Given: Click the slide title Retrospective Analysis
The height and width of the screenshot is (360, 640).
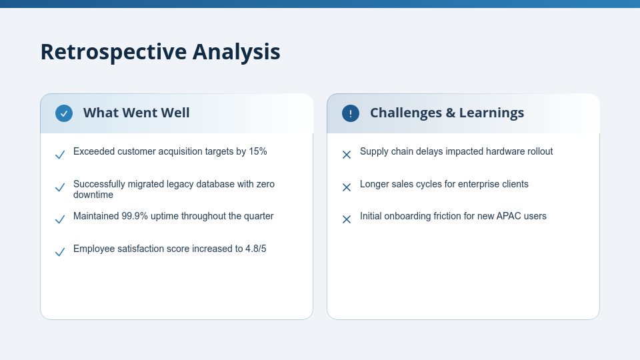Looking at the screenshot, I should [x=160, y=52].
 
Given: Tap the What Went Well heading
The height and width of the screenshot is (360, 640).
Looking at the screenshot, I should [x=136, y=113].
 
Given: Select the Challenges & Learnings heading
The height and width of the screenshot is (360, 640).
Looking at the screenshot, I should [x=447, y=113].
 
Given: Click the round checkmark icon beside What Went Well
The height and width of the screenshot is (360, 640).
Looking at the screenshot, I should [x=64, y=113].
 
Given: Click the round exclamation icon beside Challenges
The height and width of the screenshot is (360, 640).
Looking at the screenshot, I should [x=351, y=113].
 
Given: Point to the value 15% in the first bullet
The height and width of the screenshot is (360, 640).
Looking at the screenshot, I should [x=257, y=151].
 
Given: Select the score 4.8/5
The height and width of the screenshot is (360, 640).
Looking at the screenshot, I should [x=255, y=249].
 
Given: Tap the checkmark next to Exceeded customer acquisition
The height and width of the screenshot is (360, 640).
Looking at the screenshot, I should [x=60, y=155].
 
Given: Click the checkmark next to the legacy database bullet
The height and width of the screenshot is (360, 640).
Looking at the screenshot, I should [x=60, y=187].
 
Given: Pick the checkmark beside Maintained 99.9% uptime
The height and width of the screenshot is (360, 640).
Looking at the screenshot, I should [x=60, y=219].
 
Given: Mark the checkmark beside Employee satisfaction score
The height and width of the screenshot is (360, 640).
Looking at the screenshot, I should [x=60, y=252].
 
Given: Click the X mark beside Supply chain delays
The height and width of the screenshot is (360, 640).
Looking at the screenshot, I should [x=347, y=155].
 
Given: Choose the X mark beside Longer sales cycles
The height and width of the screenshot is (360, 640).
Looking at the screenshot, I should [x=347, y=187].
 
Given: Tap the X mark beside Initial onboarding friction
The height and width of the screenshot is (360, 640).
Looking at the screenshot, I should [x=347, y=219].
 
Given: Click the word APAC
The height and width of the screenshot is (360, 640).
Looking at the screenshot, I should [x=509, y=216].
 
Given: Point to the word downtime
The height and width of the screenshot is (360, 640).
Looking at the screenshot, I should [x=93, y=195].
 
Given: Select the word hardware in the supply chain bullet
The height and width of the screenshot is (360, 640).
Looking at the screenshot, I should [x=505, y=151].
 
